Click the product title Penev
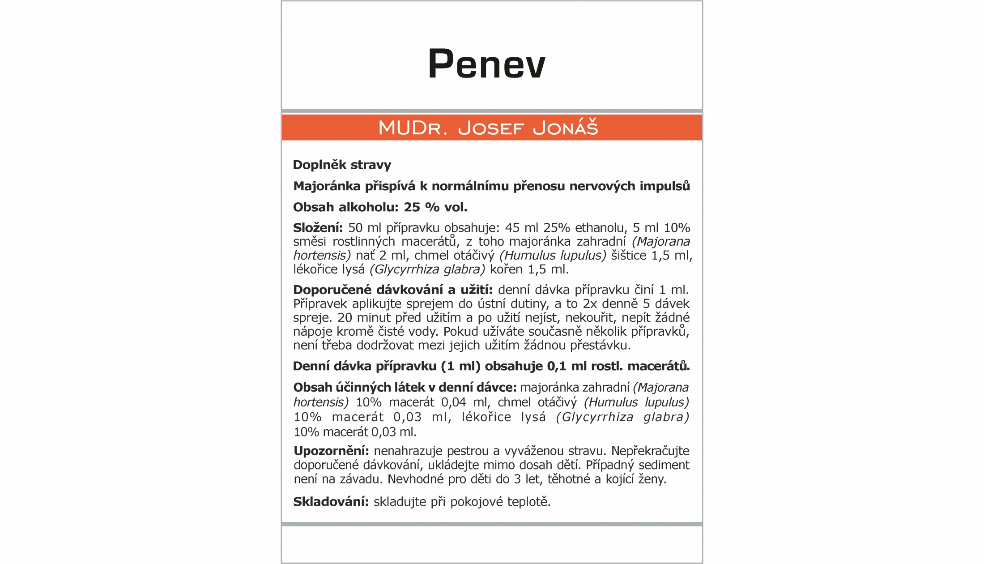coord(487,64)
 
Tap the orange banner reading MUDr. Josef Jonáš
coord(488,128)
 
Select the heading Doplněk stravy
coord(342,165)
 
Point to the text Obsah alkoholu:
coord(345,207)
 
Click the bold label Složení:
coord(318,228)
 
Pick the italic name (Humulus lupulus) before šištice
coord(553,255)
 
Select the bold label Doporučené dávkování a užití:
coord(392,290)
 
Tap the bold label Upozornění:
coord(331,451)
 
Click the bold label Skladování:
coord(331,502)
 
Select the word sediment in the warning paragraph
coord(664,465)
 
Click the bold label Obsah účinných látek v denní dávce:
coord(405,387)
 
